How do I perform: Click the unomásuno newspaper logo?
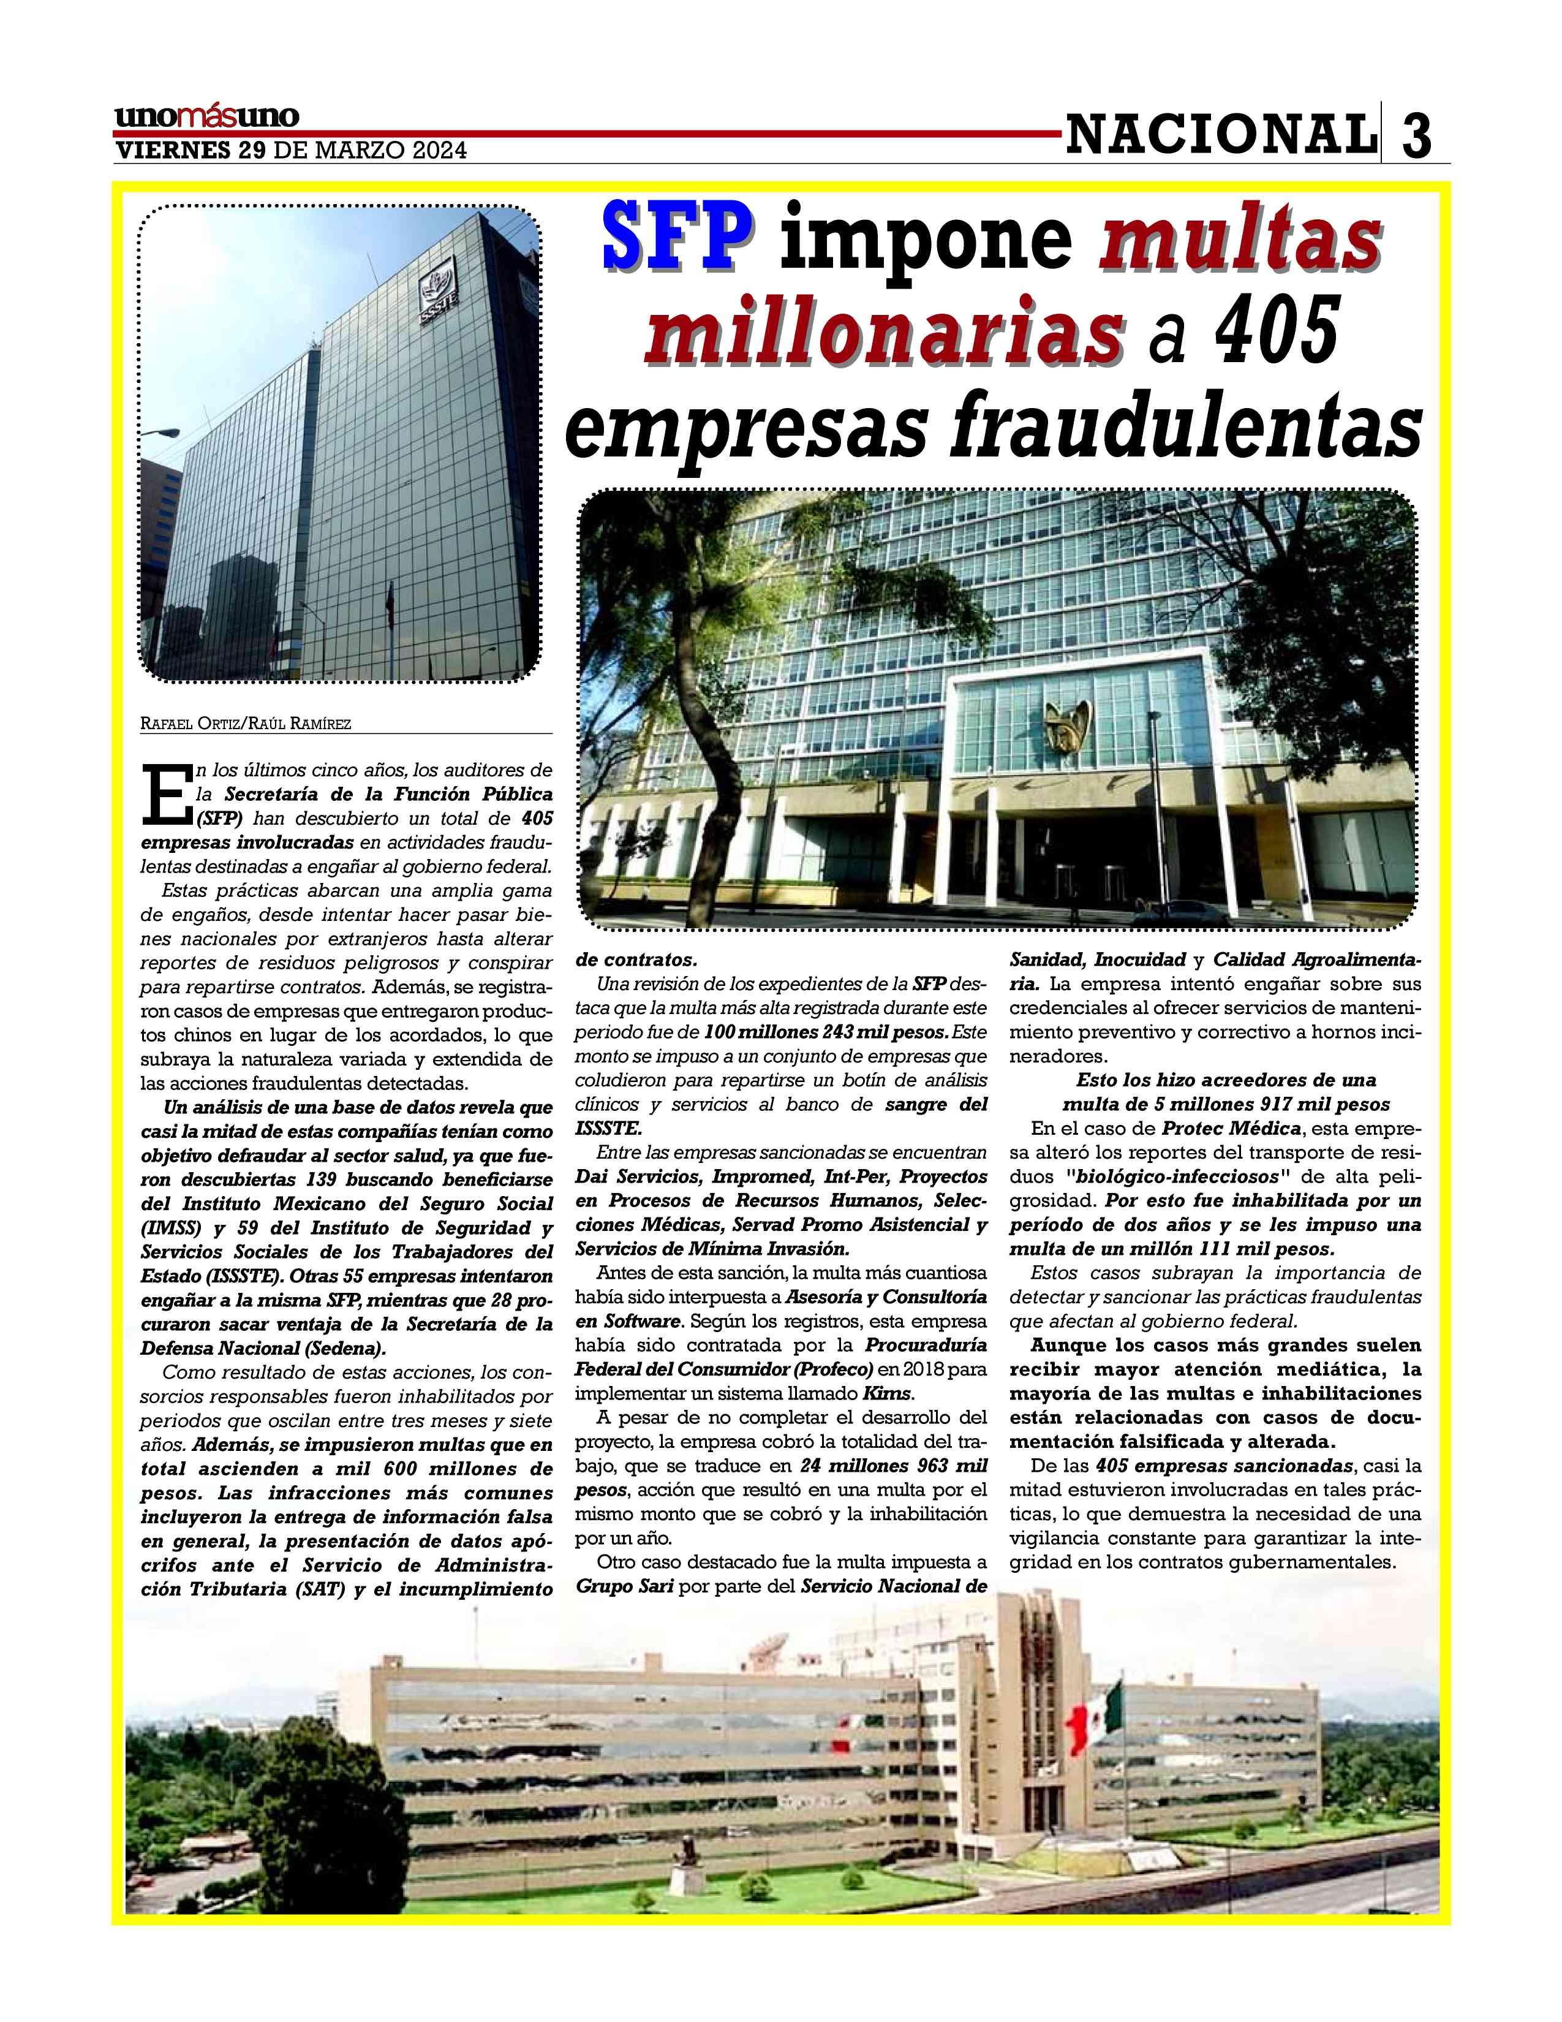[207, 118]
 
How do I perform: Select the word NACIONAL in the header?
[1219, 135]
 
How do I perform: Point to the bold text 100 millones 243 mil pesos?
[826, 1031]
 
